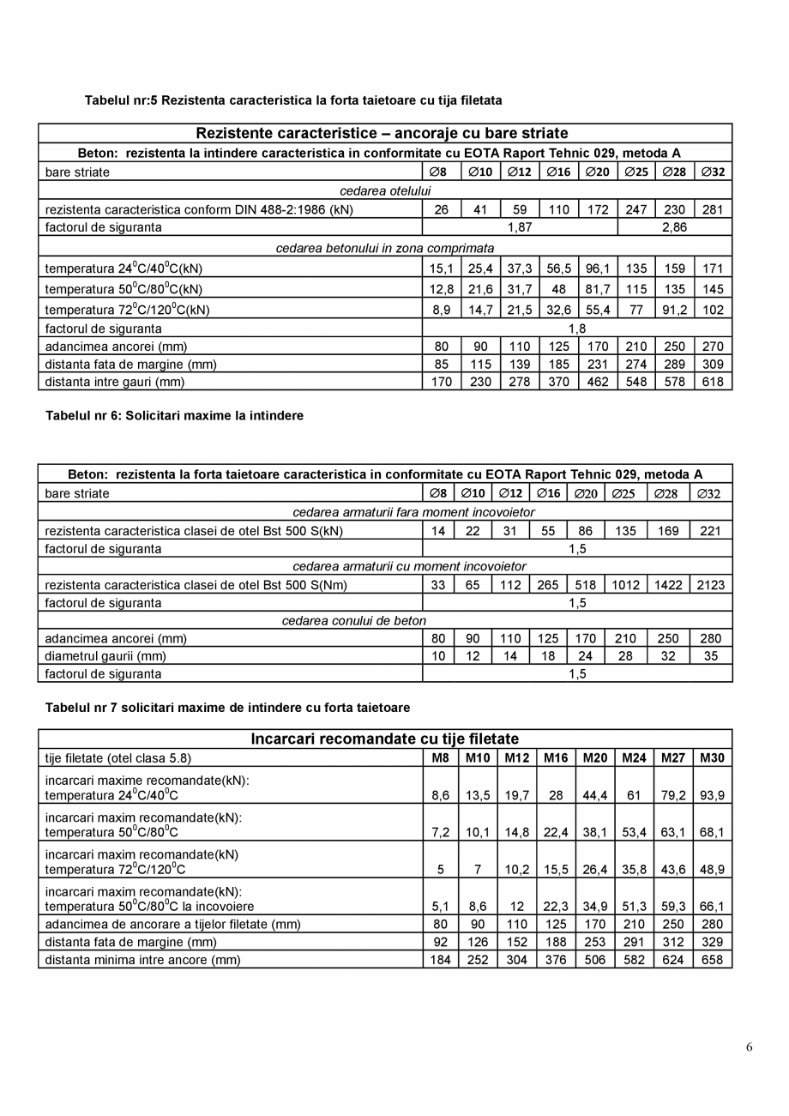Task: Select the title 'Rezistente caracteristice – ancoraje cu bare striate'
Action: [382, 134]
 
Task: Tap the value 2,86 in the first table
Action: [675, 227]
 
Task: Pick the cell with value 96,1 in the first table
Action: [597, 268]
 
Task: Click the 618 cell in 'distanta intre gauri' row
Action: [713, 382]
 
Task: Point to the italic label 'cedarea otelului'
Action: [385, 190]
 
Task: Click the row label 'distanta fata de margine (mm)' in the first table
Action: [130, 365]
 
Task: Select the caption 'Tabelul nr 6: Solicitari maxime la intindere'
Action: [174, 416]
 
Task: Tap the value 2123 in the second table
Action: [710, 586]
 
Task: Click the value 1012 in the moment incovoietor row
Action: [626, 586]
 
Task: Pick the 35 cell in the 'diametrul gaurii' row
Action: [710, 656]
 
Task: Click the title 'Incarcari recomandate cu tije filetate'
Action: [384, 739]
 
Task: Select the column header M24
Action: [634, 758]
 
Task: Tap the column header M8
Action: [440, 758]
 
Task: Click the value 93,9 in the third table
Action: [712, 796]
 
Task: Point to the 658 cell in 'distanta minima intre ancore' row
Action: [712, 960]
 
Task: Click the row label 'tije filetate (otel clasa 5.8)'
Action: [118, 758]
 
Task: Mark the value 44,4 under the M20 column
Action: [595, 796]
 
